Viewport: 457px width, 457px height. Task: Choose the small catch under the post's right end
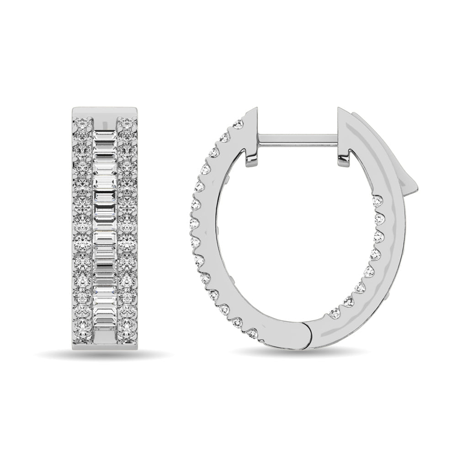343,159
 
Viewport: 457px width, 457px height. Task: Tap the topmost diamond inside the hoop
377,201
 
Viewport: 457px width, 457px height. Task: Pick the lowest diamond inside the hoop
334,313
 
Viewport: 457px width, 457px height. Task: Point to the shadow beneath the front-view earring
105,353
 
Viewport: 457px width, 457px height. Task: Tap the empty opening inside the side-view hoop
292,238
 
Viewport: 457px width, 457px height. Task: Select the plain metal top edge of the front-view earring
106,112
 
